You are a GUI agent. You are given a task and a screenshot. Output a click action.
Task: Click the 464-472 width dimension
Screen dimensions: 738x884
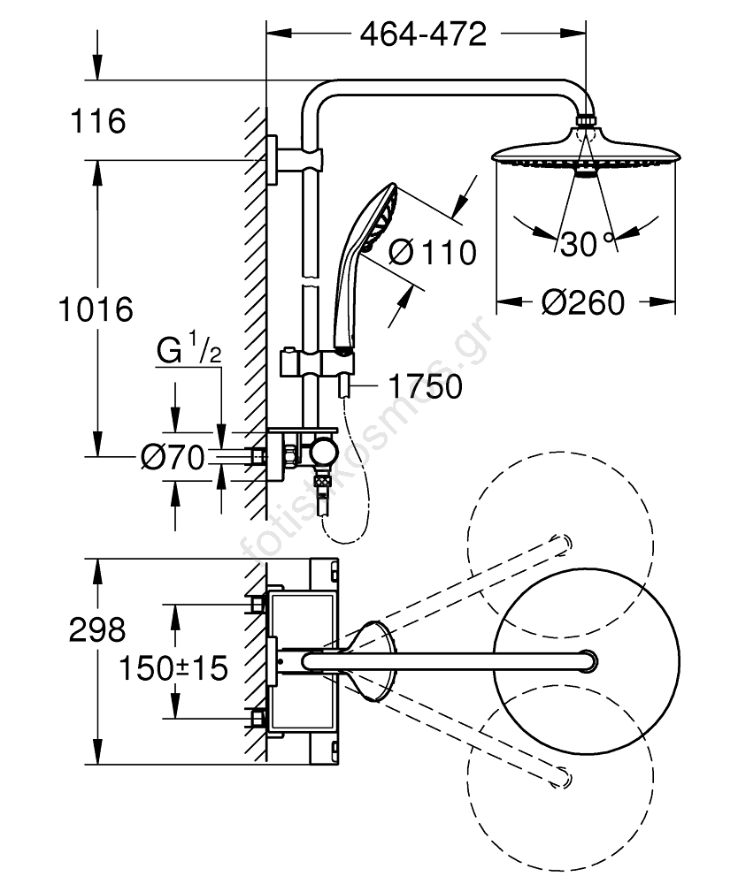423,35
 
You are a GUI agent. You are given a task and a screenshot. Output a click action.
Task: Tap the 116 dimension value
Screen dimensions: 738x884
98,121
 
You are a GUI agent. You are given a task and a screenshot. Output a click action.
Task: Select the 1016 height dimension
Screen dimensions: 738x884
96,309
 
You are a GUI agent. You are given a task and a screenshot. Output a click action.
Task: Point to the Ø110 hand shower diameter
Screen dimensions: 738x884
433,252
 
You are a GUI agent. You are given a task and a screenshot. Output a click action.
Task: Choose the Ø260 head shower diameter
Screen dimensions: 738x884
583,302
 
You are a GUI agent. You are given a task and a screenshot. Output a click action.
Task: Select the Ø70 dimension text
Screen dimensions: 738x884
172,457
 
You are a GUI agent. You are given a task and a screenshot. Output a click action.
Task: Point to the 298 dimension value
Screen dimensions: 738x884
97,629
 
